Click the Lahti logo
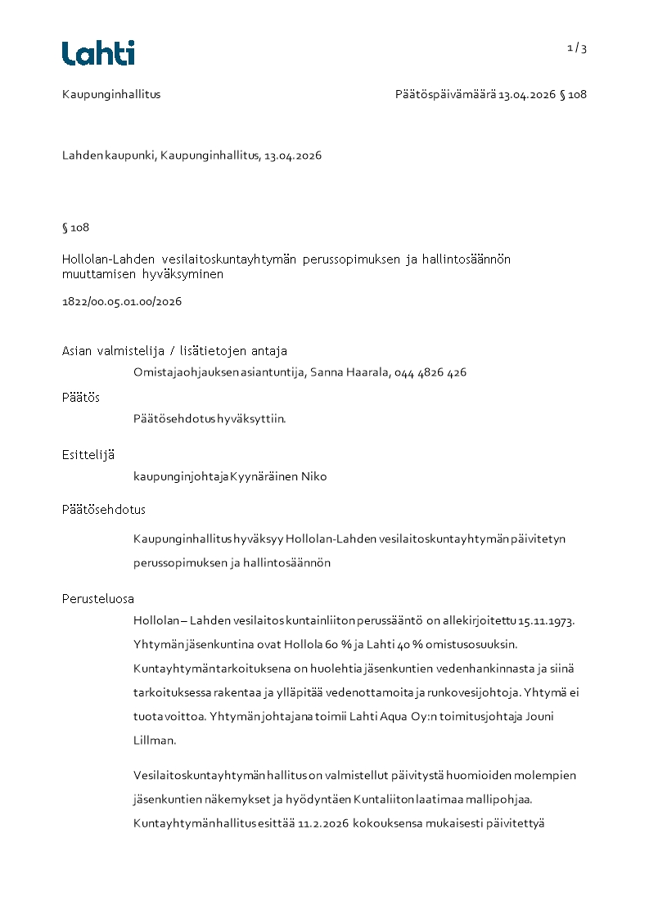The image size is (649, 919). [98, 53]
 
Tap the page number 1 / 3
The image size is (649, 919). [577, 48]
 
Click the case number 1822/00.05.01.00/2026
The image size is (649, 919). [122, 301]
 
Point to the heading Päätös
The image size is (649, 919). [81, 397]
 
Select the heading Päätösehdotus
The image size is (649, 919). [104, 510]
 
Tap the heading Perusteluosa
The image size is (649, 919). [98, 598]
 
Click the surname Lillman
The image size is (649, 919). [153, 740]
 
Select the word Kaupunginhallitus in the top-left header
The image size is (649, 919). [111, 94]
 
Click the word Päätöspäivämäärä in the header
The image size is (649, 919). [445, 94]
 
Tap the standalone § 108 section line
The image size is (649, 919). [75, 227]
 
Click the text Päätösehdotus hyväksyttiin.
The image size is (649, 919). [210, 419]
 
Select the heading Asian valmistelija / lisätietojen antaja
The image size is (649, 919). [174, 351]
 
